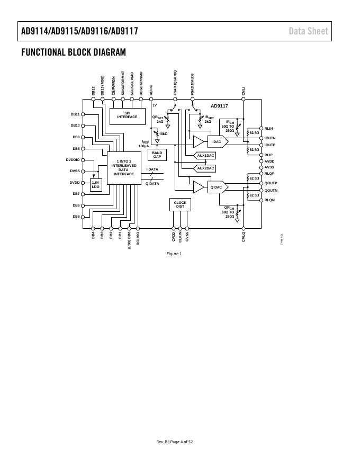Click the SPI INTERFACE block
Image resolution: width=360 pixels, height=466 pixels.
[127, 115]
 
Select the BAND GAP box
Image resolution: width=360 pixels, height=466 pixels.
[157, 155]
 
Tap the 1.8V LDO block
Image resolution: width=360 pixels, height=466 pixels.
[95, 185]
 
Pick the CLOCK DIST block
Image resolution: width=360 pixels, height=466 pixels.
[180, 204]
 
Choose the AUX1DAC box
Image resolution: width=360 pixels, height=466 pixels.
[205, 156]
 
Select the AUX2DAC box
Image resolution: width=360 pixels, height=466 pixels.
[205, 168]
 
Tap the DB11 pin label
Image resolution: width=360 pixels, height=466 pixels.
[75, 114]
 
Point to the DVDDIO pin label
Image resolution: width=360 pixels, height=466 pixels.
[73, 159]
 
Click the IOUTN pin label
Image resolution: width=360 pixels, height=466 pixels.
[270, 138]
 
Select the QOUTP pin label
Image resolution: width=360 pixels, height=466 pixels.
[271, 183]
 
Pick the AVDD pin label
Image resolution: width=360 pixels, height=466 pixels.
[269, 161]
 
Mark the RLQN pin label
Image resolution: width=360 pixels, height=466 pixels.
[269, 200]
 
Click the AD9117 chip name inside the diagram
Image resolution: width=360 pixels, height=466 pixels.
[219, 106]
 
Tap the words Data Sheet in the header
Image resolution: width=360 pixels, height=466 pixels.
[308, 31]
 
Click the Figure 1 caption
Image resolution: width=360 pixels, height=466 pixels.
[174, 254]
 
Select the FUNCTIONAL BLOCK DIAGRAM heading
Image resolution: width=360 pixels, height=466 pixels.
[74, 52]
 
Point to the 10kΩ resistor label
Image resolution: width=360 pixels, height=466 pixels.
[163, 134]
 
